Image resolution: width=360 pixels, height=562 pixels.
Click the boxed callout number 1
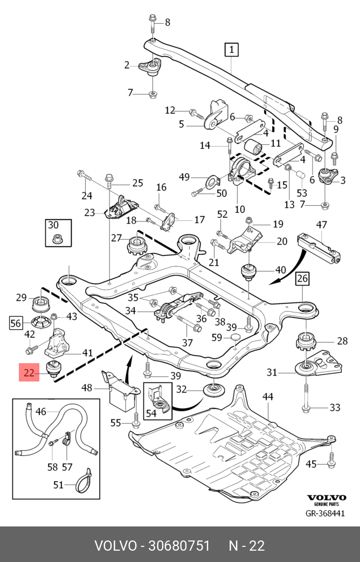pyautogui.click(x=231, y=50)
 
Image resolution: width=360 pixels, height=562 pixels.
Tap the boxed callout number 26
pyautogui.click(x=302, y=279)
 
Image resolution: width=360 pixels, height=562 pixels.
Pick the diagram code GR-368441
pyautogui.click(x=325, y=513)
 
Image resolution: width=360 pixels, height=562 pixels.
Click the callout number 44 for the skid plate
pyautogui.click(x=268, y=397)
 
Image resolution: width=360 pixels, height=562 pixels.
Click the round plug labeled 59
pyautogui.click(x=235, y=338)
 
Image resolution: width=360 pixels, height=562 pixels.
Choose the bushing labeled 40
pyautogui.click(x=248, y=272)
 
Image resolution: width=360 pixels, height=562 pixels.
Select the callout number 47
pyautogui.click(x=322, y=224)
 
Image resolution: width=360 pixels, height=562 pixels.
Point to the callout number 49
pyautogui.click(x=184, y=177)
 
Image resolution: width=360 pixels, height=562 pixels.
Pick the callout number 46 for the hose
pyautogui.click(x=41, y=412)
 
